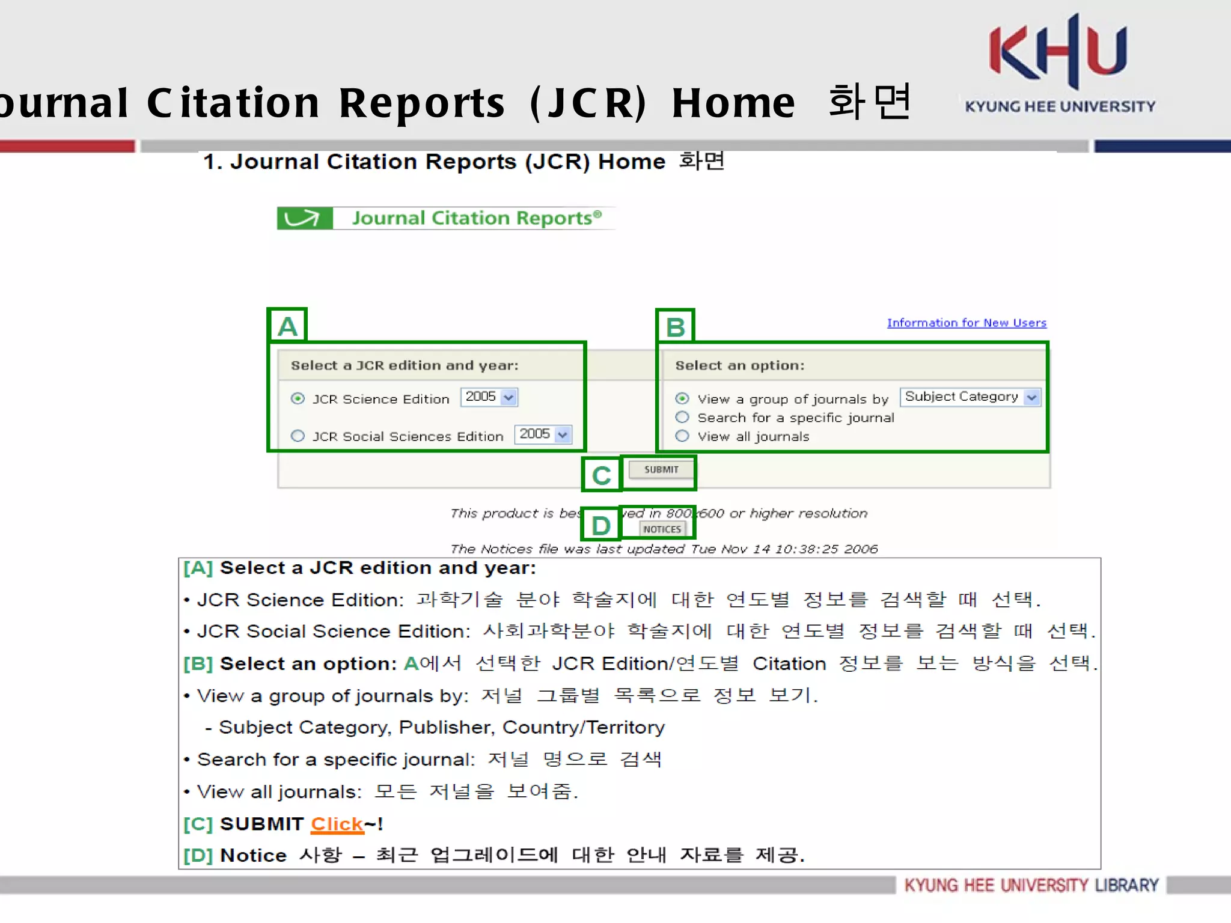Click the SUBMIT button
661,469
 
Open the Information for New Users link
967,323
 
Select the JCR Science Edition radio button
298,398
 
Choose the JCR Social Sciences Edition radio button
298,436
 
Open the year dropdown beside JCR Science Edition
489,397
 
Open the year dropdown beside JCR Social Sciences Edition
543,434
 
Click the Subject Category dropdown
970,397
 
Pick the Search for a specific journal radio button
682,417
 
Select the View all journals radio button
682,436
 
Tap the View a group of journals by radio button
682,398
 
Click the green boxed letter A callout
287,326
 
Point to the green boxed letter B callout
675,327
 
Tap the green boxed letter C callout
601,475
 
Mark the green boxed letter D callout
600,525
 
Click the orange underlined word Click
337,824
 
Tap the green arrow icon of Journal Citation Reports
304,218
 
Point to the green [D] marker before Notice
198,855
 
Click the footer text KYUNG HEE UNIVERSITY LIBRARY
1031,885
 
